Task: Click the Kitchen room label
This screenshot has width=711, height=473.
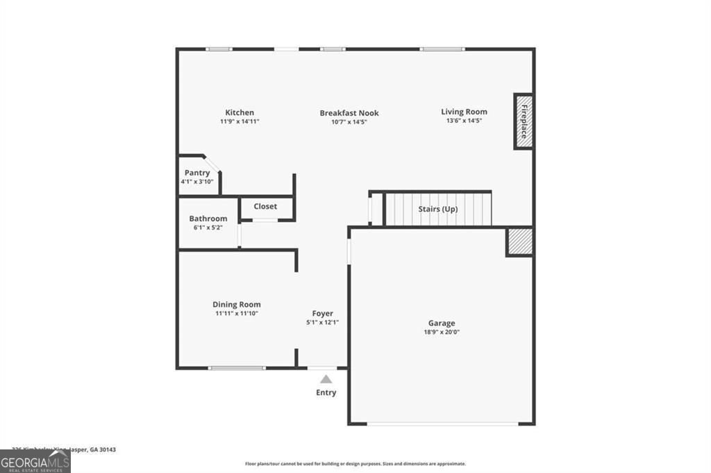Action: click(240, 112)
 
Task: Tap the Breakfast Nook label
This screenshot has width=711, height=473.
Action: click(349, 113)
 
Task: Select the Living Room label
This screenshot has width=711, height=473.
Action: click(464, 112)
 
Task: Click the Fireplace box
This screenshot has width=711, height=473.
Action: click(523, 121)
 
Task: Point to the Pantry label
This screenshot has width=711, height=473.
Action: click(197, 173)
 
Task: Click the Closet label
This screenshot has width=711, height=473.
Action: click(265, 206)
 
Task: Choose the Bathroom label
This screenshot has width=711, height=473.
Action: click(208, 218)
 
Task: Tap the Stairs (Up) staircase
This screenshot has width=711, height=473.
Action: click(437, 209)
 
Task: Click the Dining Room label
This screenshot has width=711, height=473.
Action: click(237, 304)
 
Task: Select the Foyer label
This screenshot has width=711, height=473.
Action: click(323, 313)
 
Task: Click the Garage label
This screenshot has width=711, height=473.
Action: click(442, 323)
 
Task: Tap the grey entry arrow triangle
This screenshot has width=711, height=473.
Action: click(326, 379)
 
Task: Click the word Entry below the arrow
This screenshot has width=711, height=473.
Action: click(326, 393)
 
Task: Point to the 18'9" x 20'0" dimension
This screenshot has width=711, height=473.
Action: click(442, 332)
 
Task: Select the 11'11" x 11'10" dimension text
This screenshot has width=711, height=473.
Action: click(237, 313)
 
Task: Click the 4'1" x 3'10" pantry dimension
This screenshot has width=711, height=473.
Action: click(197, 182)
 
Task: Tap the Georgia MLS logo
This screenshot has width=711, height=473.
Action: click(35, 461)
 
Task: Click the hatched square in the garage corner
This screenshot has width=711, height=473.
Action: click(519, 241)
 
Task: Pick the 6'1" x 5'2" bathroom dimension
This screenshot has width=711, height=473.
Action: click(208, 227)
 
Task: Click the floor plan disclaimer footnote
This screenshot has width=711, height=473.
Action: click(355, 464)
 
